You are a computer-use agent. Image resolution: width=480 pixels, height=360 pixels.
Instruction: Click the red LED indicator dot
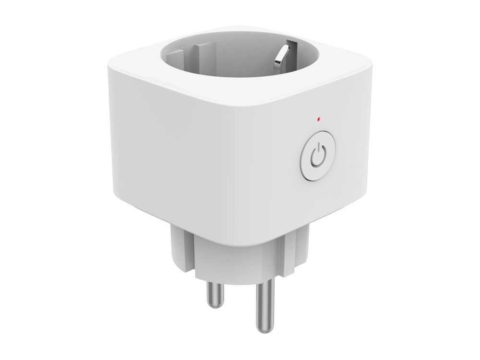pos(318,118)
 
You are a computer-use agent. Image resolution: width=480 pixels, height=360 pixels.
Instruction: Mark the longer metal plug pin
pos(264,307)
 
